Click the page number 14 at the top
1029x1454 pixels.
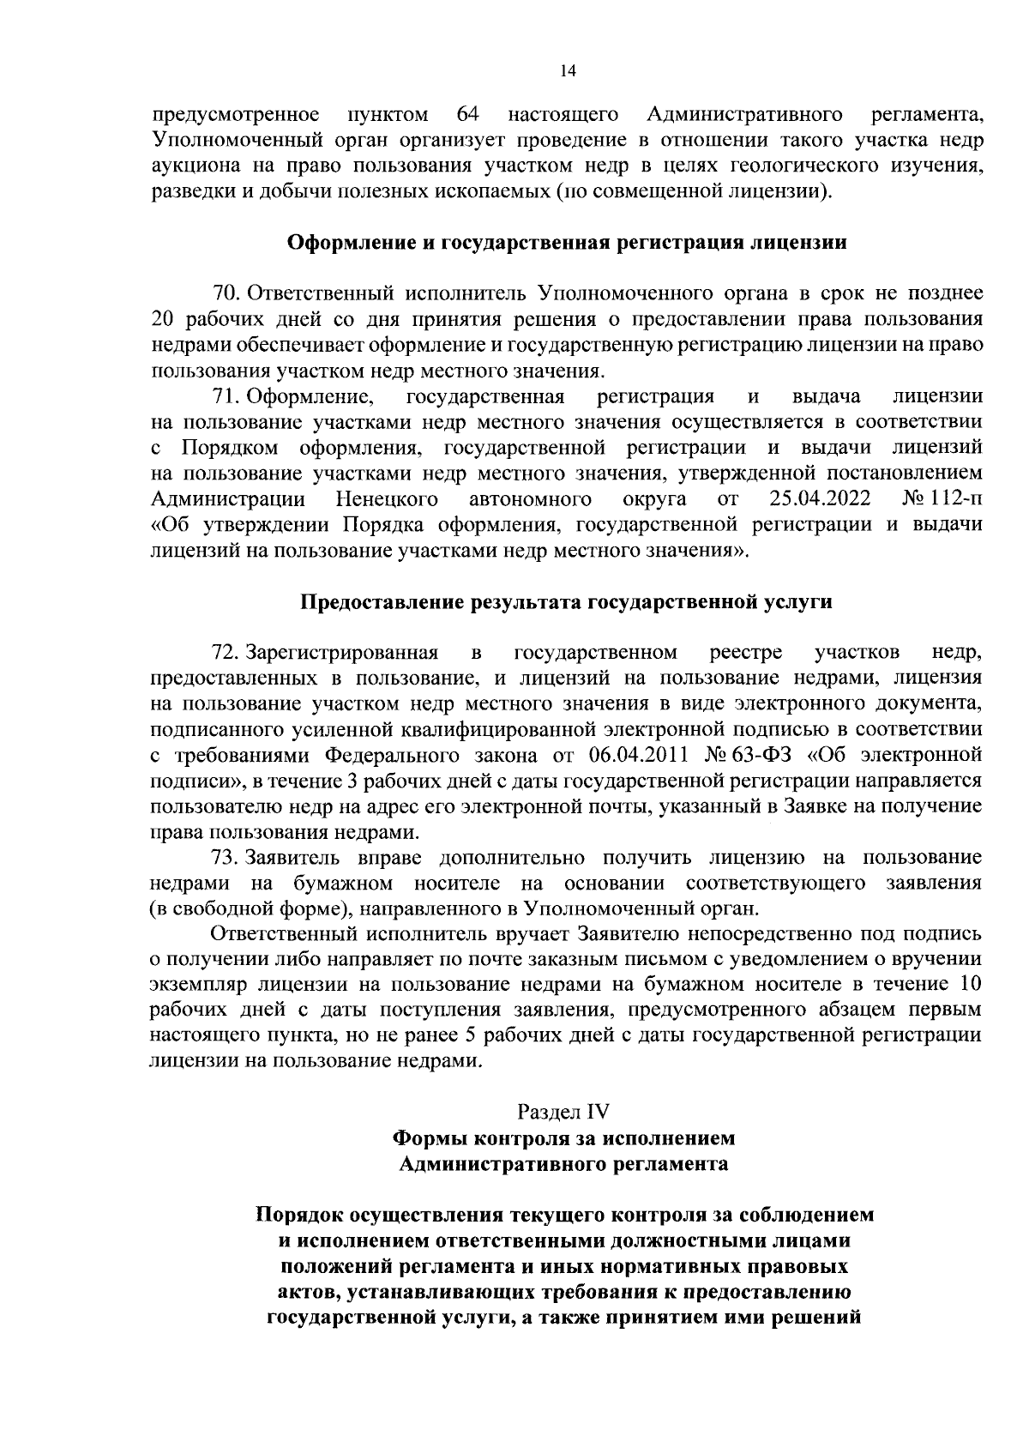567,72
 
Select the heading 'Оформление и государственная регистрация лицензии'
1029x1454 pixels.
566,243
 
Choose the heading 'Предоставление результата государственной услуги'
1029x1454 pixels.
566,602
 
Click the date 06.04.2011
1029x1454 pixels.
640,756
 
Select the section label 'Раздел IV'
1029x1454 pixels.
563,1112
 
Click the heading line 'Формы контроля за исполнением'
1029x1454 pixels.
563,1138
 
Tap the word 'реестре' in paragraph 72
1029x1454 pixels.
746,653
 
